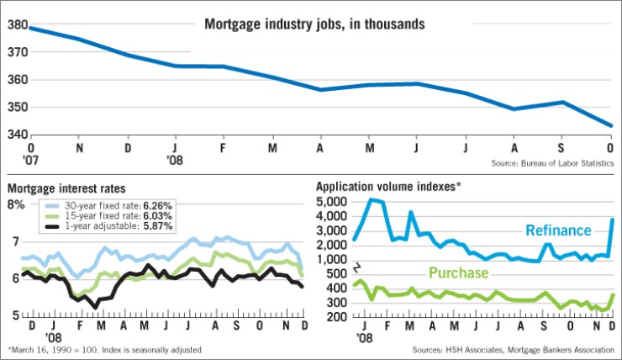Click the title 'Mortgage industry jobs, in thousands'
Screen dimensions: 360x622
314,24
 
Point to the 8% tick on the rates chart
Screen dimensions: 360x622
16,204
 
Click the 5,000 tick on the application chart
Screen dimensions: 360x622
331,203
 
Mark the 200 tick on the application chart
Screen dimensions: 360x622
336,316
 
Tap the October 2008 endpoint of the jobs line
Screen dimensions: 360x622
611,126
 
